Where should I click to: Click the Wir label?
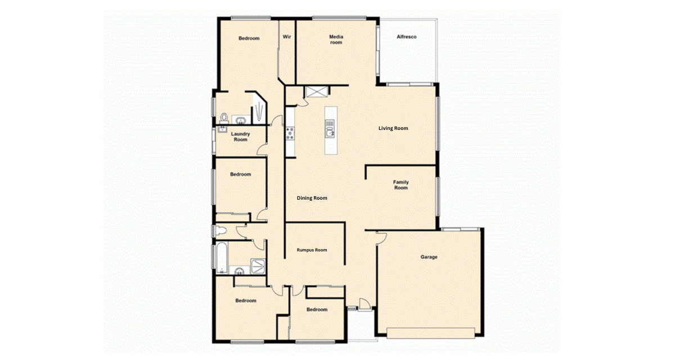click(x=287, y=37)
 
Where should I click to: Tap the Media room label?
click(x=336, y=39)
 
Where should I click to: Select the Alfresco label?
click(x=407, y=37)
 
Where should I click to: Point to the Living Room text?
click(x=393, y=128)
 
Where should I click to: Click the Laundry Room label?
click(x=241, y=137)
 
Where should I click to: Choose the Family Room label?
click(x=400, y=185)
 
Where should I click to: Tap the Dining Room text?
click(x=312, y=198)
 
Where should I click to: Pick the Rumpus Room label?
click(x=312, y=250)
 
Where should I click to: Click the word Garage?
click(x=429, y=257)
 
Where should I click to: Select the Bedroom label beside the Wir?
click(x=249, y=38)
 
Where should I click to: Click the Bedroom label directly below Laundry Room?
click(x=241, y=174)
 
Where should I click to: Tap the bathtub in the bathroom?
click(x=222, y=258)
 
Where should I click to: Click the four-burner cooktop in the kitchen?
click(x=290, y=133)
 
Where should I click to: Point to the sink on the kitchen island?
click(x=330, y=132)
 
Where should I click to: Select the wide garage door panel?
click(x=431, y=333)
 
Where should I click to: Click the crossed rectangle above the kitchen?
click(x=316, y=92)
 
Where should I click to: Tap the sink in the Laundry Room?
click(x=222, y=129)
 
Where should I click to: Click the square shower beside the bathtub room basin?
click(x=258, y=266)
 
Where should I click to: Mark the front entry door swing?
click(x=364, y=304)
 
